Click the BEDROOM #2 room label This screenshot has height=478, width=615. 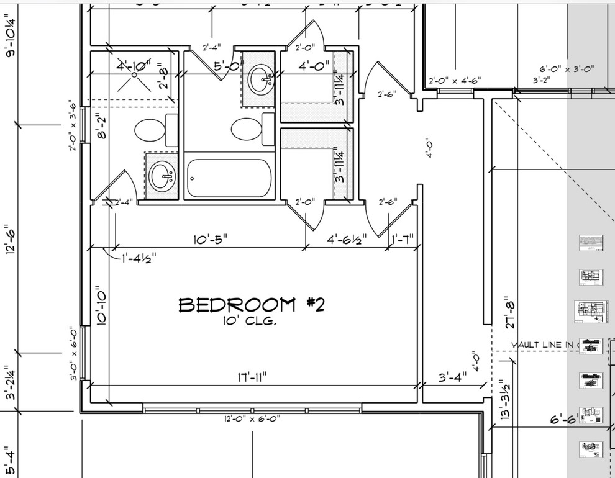[x=252, y=305]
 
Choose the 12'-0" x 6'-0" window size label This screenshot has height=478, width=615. [x=252, y=418]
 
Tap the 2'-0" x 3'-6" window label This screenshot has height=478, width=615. [x=74, y=125]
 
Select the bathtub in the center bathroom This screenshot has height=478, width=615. [x=229, y=178]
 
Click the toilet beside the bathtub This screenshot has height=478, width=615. [x=247, y=129]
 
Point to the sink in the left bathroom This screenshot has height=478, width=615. [x=162, y=176]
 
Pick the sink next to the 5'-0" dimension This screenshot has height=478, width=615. [x=260, y=79]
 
